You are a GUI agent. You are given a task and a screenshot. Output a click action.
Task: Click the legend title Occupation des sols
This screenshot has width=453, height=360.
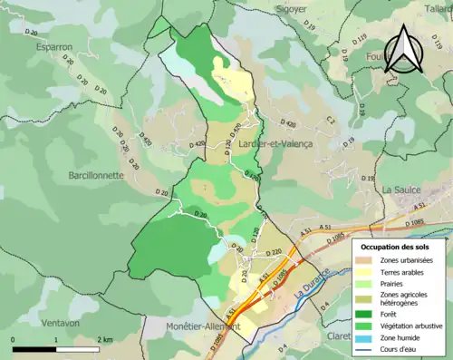pos(395,246)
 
